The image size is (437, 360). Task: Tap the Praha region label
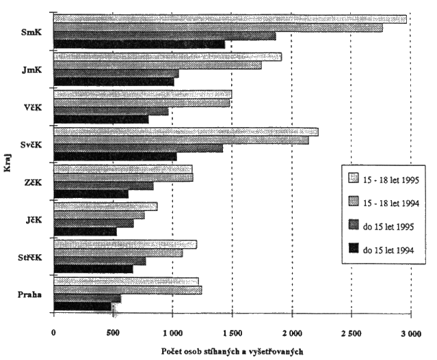[31, 295]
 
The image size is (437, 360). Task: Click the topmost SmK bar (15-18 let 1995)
[230, 19]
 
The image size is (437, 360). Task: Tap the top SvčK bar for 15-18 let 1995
[185, 132]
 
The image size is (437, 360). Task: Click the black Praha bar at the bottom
[82, 307]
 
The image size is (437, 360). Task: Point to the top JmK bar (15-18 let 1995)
[167, 57]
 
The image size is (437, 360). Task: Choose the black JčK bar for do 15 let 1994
[85, 232]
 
